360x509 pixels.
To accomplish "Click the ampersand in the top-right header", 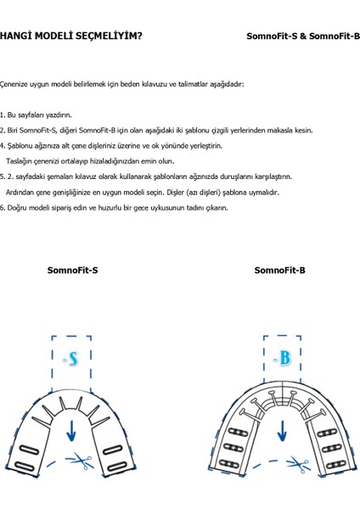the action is (302, 36).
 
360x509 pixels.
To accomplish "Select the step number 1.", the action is (3, 115).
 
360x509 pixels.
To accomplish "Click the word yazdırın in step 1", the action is (58, 115).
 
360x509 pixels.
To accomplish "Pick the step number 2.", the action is (3, 130).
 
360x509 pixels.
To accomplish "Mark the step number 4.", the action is (3, 146).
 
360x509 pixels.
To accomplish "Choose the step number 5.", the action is (3, 176).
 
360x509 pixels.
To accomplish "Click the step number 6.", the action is (3, 208).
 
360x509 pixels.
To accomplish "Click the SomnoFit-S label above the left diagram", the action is (72, 271).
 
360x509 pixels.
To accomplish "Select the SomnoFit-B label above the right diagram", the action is (279, 271).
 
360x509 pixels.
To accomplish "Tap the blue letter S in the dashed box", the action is (72, 361).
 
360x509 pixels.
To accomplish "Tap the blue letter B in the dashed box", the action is (284, 359).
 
